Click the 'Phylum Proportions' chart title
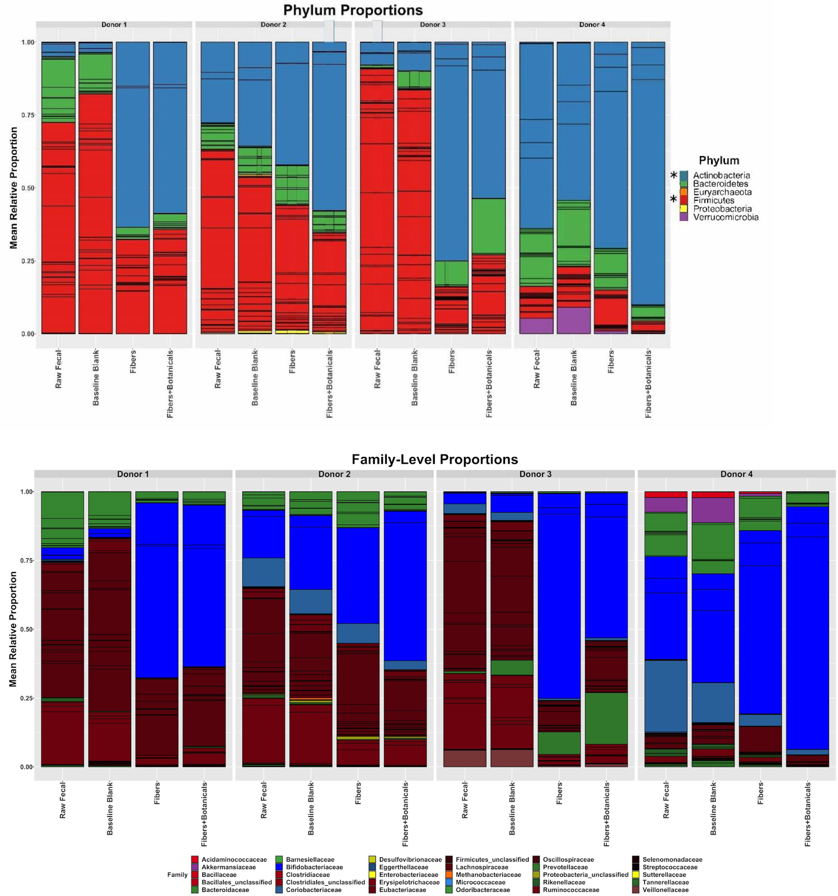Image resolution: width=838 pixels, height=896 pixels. (353, 10)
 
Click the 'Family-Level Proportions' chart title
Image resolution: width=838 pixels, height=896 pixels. (434, 459)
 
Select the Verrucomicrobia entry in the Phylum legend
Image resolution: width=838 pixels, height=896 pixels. (725, 217)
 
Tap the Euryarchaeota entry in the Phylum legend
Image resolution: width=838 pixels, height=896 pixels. (722, 192)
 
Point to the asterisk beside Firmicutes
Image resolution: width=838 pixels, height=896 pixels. (674, 199)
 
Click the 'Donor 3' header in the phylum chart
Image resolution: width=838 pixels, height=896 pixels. (432, 25)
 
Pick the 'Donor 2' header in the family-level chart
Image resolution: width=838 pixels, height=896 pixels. (334, 474)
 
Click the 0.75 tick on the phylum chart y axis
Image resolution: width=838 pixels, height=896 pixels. (28, 116)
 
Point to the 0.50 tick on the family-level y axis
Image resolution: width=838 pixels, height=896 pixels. (26, 629)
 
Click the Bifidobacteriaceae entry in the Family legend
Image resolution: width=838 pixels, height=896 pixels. (314, 867)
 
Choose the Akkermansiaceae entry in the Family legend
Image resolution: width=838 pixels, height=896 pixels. (228, 867)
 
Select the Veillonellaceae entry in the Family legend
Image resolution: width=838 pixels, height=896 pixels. (666, 890)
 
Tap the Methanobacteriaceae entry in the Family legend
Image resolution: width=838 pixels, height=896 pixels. (488, 875)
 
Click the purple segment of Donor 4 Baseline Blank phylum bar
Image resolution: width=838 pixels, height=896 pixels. (573, 320)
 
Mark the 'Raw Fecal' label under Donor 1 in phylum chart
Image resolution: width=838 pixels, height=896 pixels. (59, 369)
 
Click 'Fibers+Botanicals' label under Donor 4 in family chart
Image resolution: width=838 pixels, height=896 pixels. (808, 814)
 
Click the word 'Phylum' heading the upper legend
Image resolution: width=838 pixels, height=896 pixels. (718, 160)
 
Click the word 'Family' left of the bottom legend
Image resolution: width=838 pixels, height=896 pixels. (177, 875)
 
